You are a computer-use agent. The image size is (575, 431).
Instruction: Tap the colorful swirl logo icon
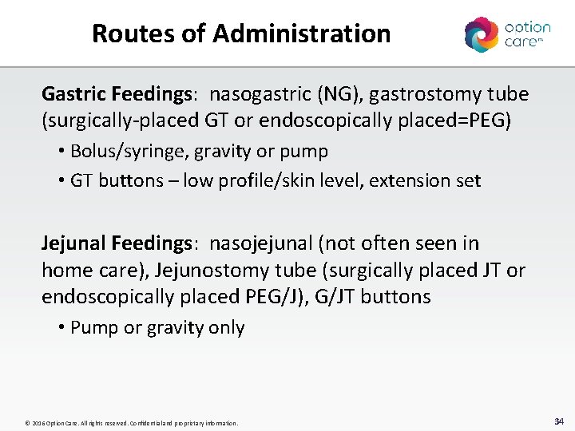point(481,34)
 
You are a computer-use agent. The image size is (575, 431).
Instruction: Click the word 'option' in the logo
point(527,27)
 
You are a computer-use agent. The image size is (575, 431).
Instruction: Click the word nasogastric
point(260,94)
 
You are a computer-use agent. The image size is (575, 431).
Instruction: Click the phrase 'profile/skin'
point(263,180)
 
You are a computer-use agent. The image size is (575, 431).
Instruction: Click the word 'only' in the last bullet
point(228,327)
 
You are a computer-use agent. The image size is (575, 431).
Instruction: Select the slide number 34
point(558,421)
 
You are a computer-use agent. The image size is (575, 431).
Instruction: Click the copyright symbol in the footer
point(27,423)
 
